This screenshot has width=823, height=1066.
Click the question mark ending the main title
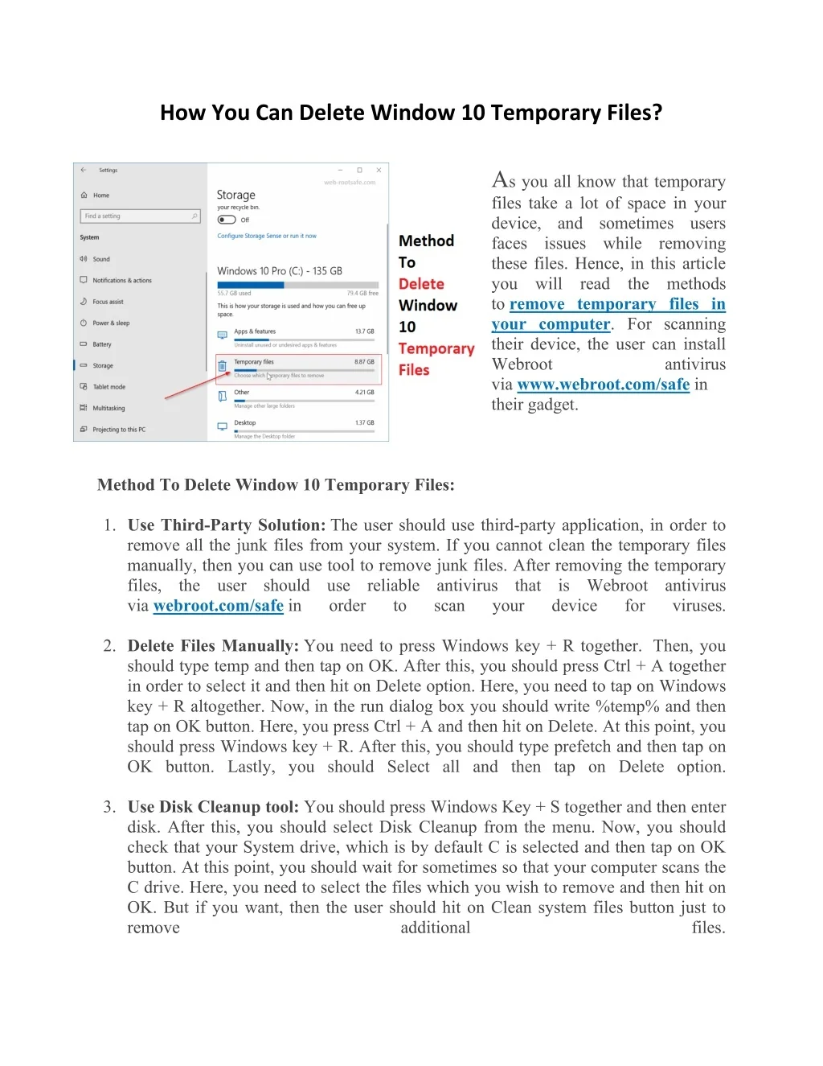coord(657,113)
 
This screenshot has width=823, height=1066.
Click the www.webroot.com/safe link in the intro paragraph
coord(603,385)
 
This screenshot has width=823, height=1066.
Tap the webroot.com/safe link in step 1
coord(218,606)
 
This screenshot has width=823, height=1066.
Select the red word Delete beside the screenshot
coord(421,284)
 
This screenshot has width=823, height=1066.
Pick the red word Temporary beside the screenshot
coord(436,348)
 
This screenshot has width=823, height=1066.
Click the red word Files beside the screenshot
coord(414,370)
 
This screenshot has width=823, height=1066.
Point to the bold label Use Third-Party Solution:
coord(226,525)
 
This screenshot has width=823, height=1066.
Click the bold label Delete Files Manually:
coord(213,646)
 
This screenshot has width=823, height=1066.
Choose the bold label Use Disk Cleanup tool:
coord(213,807)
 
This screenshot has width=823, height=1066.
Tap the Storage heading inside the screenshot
coord(235,195)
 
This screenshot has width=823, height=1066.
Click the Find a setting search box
coord(140,216)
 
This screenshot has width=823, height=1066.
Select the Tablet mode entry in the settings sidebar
coord(109,387)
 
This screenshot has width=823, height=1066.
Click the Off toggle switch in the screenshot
coord(227,220)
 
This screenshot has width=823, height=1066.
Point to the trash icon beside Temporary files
coord(223,366)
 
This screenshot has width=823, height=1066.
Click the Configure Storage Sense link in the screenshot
coord(267,236)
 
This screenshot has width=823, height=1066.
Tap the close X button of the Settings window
coord(379,170)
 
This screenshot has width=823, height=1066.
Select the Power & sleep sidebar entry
coord(110,323)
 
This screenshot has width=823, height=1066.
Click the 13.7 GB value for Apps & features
coord(364,331)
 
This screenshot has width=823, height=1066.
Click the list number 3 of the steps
coord(109,807)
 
